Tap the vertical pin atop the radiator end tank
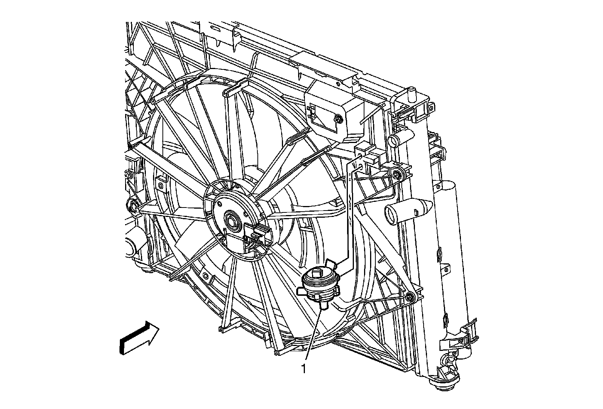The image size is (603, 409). click(411, 94)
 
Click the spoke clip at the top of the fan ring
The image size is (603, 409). click(233, 90)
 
